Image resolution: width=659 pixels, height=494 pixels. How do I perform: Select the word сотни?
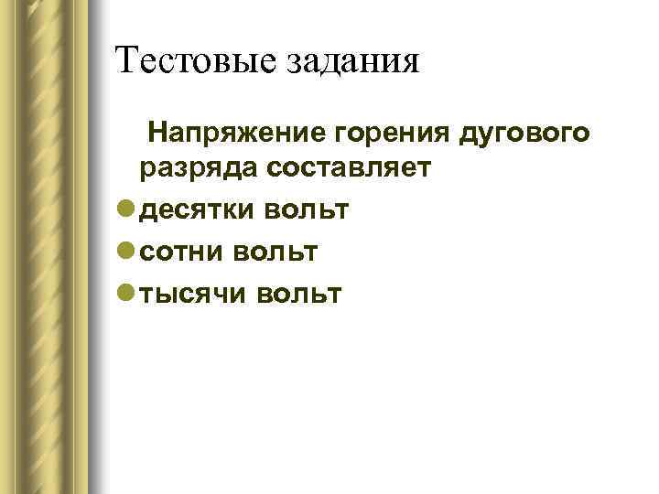(181, 251)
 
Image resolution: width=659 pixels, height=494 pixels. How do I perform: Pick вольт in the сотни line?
(275, 251)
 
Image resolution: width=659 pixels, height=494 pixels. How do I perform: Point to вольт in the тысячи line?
(298, 293)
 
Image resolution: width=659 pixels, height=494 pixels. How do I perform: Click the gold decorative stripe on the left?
(55, 247)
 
